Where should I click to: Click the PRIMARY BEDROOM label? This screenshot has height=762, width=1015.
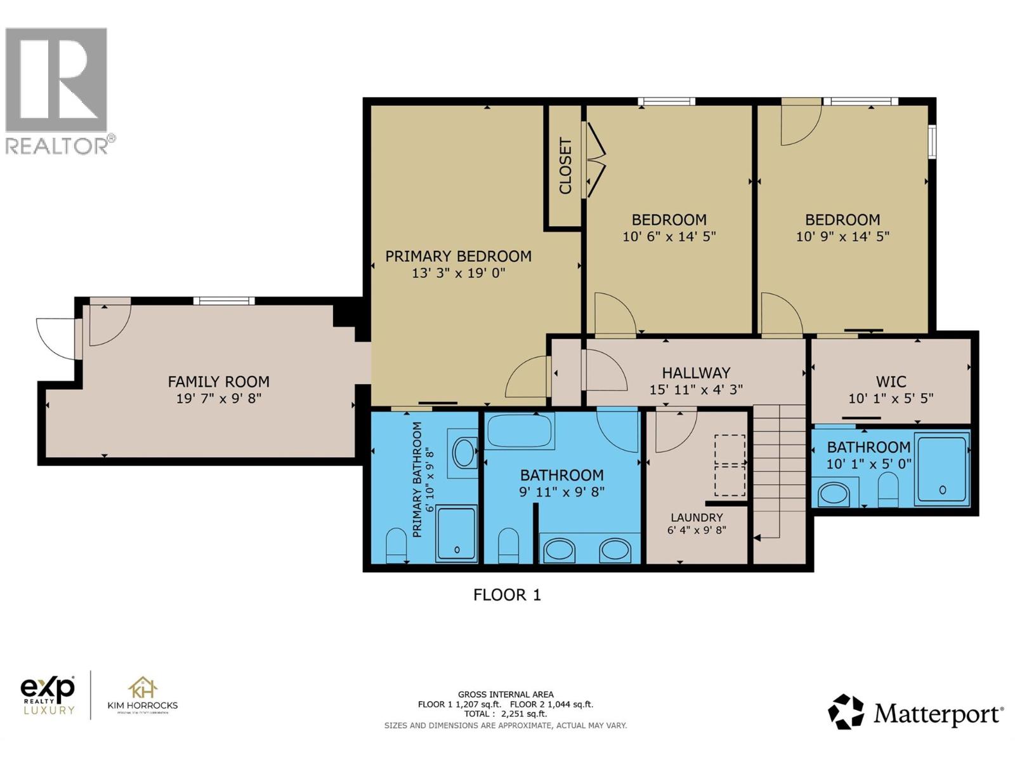458,256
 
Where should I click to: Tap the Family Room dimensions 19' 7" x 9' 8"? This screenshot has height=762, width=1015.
219,398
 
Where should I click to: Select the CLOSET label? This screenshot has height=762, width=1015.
565,166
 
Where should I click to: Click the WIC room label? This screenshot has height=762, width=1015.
891,381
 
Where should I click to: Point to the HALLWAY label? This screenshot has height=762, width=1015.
696,373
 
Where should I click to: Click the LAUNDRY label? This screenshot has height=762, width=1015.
697,518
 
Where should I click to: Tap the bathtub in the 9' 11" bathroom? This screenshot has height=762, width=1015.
519,431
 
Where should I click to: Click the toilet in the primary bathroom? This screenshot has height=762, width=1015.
396,545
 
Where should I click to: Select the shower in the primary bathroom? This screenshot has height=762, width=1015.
456,533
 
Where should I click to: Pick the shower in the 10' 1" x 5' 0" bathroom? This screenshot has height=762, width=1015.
942,469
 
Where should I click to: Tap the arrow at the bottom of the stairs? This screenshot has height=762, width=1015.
757,538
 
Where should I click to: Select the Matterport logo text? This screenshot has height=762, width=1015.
938,714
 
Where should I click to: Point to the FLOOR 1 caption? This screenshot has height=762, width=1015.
507,595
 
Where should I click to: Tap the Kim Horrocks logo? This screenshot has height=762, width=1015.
143,695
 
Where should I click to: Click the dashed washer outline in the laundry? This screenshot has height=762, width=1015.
730,465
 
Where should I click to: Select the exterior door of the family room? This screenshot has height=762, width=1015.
56,338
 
